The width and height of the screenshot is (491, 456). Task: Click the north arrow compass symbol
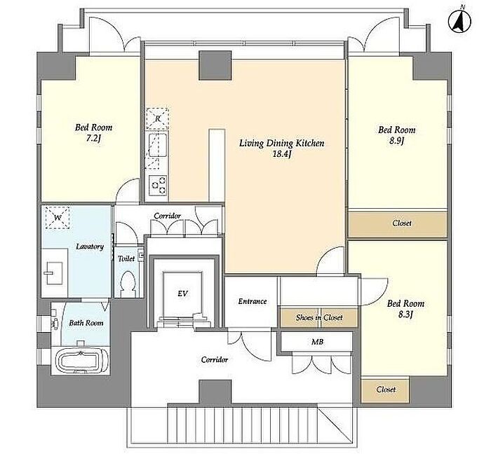[459, 21]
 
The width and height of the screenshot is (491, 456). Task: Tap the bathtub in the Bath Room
[80, 361]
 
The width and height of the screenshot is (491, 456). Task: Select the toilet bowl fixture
[128, 284]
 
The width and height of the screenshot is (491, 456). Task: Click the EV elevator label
[182, 293]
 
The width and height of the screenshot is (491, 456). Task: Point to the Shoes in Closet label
[319, 317]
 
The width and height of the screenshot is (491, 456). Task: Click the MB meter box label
[317, 342]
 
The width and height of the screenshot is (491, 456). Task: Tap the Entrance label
[253, 301]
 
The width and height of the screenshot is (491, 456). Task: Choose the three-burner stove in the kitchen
[158, 185]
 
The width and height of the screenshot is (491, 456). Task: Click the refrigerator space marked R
[158, 119]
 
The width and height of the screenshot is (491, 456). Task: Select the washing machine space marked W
[58, 218]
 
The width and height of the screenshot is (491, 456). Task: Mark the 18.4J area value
[282, 154]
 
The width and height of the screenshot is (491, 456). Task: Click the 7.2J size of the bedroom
[93, 138]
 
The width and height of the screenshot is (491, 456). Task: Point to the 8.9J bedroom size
[397, 141]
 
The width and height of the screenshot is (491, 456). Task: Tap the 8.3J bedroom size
[405, 315]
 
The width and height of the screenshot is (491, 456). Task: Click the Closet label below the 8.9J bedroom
[402, 223]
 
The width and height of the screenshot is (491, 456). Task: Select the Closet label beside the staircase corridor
[386, 389]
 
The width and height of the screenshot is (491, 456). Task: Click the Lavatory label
[90, 247]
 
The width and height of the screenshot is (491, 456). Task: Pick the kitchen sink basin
[158, 145]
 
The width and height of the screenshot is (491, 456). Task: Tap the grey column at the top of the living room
[215, 65]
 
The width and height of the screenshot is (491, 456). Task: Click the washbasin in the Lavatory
[54, 272]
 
